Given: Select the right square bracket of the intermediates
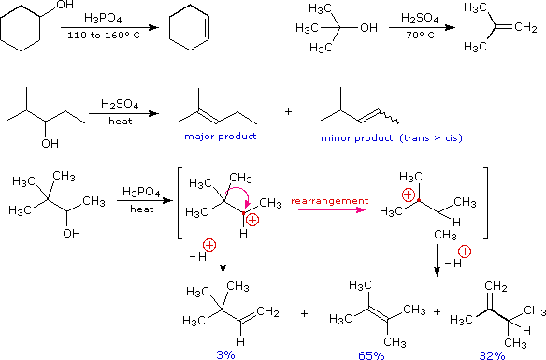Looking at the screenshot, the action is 485,206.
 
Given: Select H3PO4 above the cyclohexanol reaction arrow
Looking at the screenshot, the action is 103,18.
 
